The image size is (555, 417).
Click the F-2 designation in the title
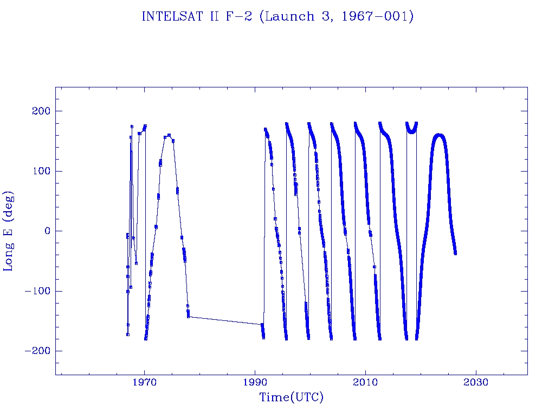pos(234,17)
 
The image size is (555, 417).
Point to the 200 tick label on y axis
pos(40,111)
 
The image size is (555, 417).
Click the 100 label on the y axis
pos(40,171)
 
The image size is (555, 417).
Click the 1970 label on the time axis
pos(145,382)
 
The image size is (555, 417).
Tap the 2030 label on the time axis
pos(476,382)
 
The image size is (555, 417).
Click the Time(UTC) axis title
pos(291,397)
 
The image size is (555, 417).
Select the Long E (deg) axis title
pos(9,231)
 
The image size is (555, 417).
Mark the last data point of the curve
pos(455,253)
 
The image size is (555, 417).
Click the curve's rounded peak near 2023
pos(439,135)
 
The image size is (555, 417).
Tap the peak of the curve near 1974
pos(169,135)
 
